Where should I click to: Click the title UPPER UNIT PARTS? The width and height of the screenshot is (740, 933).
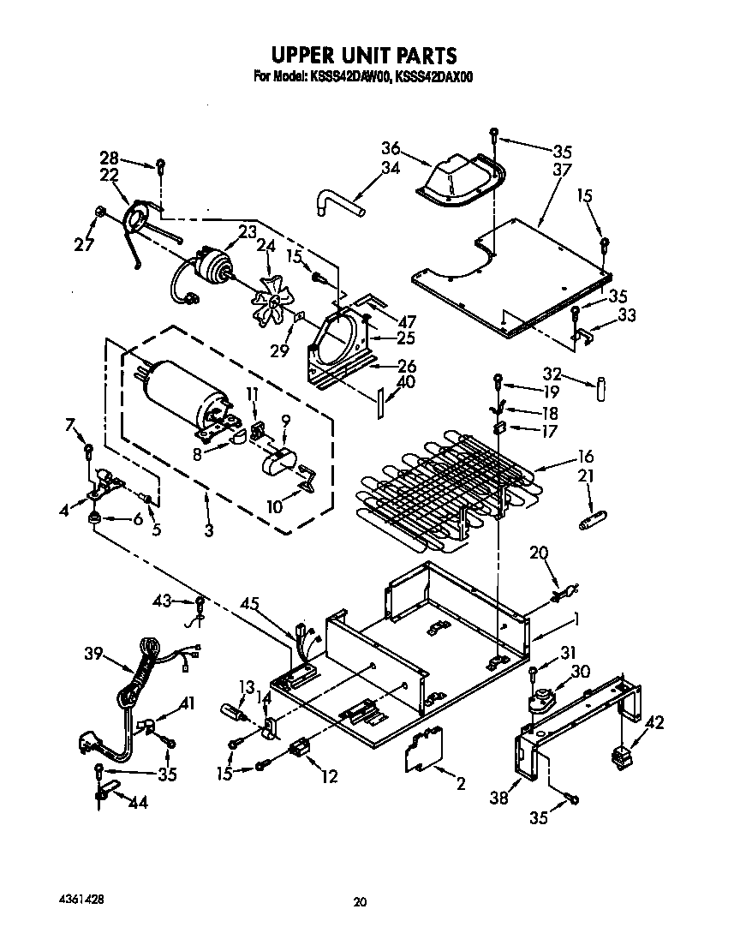pyautogui.click(x=363, y=56)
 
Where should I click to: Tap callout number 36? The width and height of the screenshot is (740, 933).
pyautogui.click(x=392, y=147)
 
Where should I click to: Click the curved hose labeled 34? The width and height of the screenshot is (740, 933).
pyautogui.click(x=340, y=205)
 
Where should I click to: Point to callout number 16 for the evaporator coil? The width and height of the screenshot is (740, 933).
pyautogui.click(x=585, y=457)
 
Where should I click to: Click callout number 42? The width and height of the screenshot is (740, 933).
pyautogui.click(x=655, y=721)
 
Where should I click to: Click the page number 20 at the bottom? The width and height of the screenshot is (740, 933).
pyautogui.click(x=360, y=901)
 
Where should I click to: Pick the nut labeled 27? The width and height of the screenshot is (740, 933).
pyautogui.click(x=101, y=211)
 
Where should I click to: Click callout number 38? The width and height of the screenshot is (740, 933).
pyautogui.click(x=498, y=798)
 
